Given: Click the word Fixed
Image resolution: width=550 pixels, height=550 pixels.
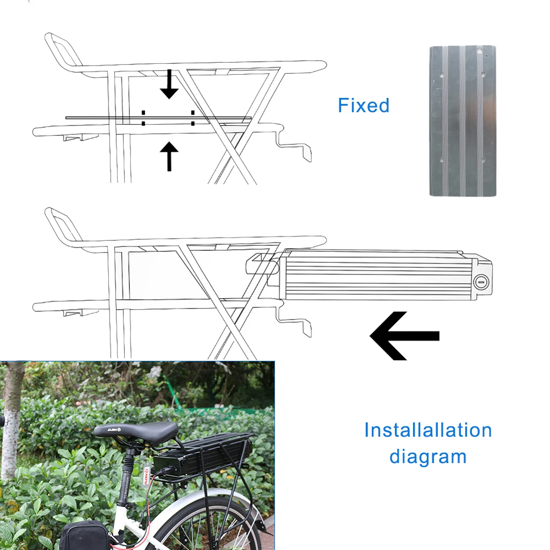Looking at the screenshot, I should coord(364,105).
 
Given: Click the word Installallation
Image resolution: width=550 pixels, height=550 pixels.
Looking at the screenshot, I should coord(428,430).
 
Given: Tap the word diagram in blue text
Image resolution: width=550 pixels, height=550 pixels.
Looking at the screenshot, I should coord(428,457).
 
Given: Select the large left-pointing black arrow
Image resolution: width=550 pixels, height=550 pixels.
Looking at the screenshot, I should coord(404,335).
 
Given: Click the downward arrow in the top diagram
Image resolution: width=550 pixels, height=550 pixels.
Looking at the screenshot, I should coord(169,85).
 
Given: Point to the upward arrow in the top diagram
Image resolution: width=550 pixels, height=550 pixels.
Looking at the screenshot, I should coord(169,156).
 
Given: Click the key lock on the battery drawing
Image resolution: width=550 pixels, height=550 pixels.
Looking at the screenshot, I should coord(480,282).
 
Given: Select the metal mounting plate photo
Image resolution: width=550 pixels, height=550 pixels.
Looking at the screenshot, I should coord(463,121).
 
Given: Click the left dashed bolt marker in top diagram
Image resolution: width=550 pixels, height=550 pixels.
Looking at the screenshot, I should coord(143,118).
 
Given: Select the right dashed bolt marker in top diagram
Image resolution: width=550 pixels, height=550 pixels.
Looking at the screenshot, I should coord(193,118).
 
